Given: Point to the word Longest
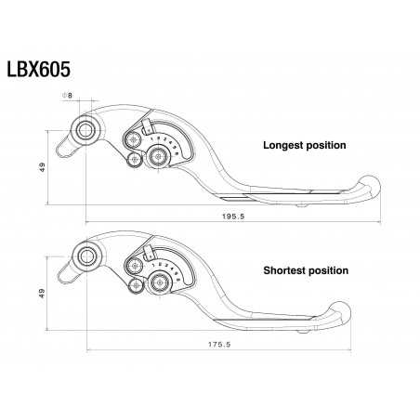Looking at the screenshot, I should pos(284,146).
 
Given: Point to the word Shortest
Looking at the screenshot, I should pos(285,271).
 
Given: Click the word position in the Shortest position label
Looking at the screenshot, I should pos(329,271).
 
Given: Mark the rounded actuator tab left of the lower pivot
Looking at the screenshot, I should pos(66,270).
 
